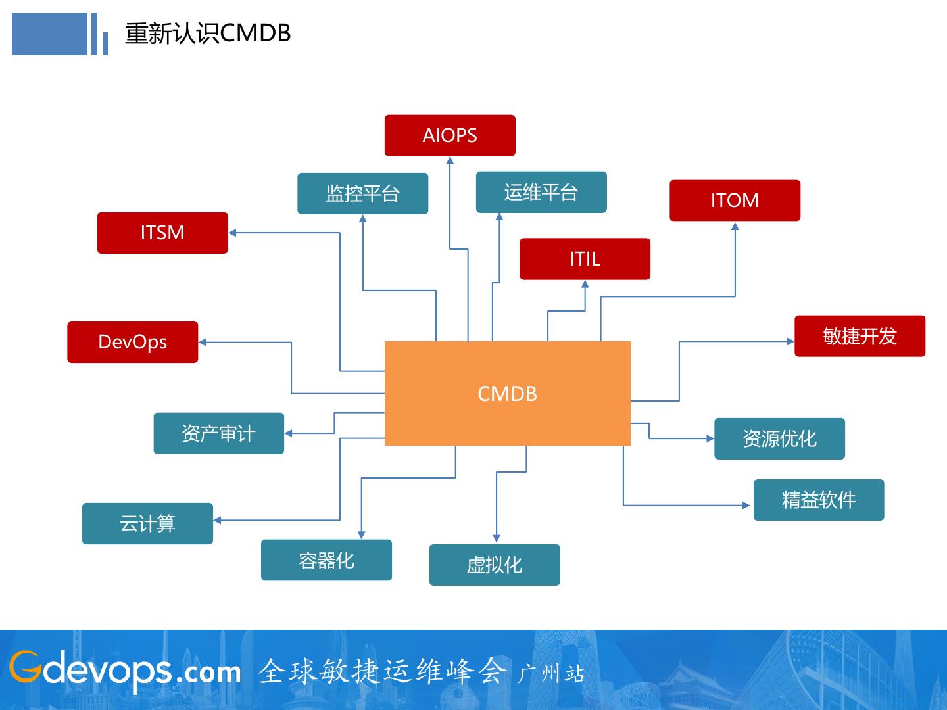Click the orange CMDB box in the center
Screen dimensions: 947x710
507,393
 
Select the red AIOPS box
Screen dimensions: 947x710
450,135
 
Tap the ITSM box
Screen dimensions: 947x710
162,233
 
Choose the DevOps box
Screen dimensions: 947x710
132,342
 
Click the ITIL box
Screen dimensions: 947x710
585,258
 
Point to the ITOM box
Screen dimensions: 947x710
735,201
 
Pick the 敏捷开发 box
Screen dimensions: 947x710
860,336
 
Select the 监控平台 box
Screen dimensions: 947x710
363,193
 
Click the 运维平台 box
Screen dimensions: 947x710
541,192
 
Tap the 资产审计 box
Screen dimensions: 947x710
219,433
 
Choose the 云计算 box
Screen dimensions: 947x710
147,523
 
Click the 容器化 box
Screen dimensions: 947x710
327,560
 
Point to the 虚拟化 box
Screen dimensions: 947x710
495,565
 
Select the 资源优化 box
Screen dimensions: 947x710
779,438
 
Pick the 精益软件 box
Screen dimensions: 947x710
819,500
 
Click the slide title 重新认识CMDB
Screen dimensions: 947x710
208,33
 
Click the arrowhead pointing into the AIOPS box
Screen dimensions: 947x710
450,160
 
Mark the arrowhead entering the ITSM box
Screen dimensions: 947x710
233,233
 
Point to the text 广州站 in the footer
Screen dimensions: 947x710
552,674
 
